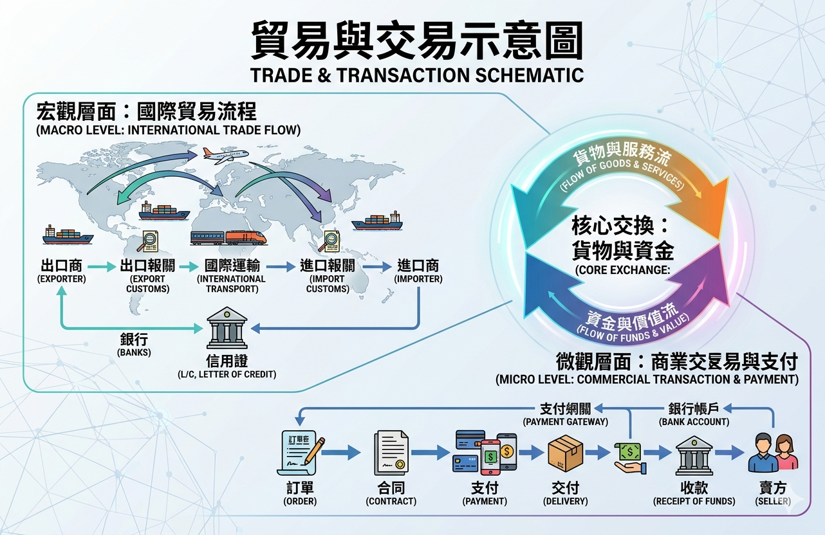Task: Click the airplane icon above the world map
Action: tap(225, 155)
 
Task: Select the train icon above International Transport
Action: tap(228, 237)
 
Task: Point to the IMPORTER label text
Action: tap(418, 279)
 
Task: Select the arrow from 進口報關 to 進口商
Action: tap(376, 266)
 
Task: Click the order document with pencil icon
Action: tap(300, 453)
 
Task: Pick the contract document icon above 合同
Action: tap(391, 453)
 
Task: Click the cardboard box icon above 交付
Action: tap(565, 453)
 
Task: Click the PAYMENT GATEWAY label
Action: tap(565, 422)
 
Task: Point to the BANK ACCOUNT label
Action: tap(694, 422)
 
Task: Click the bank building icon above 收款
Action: tap(694, 455)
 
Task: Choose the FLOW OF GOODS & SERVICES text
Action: tap(621, 175)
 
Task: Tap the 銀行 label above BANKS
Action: tap(134, 340)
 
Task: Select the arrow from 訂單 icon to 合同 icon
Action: tap(341, 453)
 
